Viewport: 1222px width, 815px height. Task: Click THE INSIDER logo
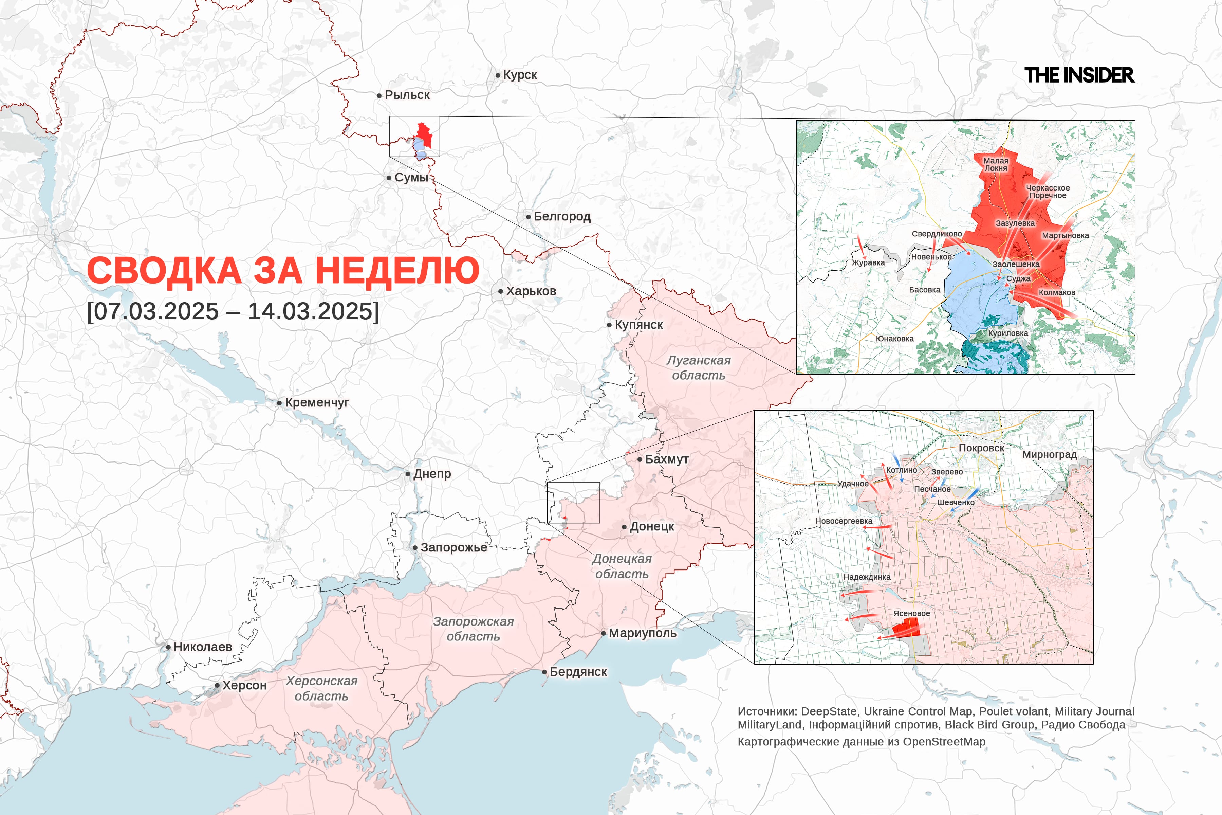pyautogui.click(x=1079, y=75)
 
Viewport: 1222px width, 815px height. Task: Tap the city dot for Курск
pyautogui.click(x=498, y=75)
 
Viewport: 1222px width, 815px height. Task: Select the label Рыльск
pyautogui.click(x=407, y=95)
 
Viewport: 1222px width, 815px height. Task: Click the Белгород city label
pyautogui.click(x=562, y=216)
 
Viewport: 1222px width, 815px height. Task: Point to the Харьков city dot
pyautogui.click(x=500, y=292)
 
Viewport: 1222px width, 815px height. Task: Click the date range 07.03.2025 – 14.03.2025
pyautogui.click(x=233, y=311)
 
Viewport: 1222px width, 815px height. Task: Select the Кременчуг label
pyautogui.click(x=317, y=402)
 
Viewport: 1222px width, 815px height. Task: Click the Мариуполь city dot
pyautogui.click(x=603, y=633)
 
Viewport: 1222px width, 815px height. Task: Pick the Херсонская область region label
pyautogui.click(x=321, y=688)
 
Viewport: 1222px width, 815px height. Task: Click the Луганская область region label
pyautogui.click(x=698, y=367)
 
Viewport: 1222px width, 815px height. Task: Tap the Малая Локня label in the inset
pyautogui.click(x=996, y=165)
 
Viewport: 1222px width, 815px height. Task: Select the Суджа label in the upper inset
pyautogui.click(x=1018, y=278)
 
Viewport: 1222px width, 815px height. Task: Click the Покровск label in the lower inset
pyautogui.click(x=981, y=448)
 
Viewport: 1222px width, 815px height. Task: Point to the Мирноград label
pyautogui.click(x=1050, y=454)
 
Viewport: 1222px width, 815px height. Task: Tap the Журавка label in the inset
pyautogui.click(x=868, y=262)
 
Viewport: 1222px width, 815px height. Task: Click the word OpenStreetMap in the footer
pyautogui.click(x=944, y=742)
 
